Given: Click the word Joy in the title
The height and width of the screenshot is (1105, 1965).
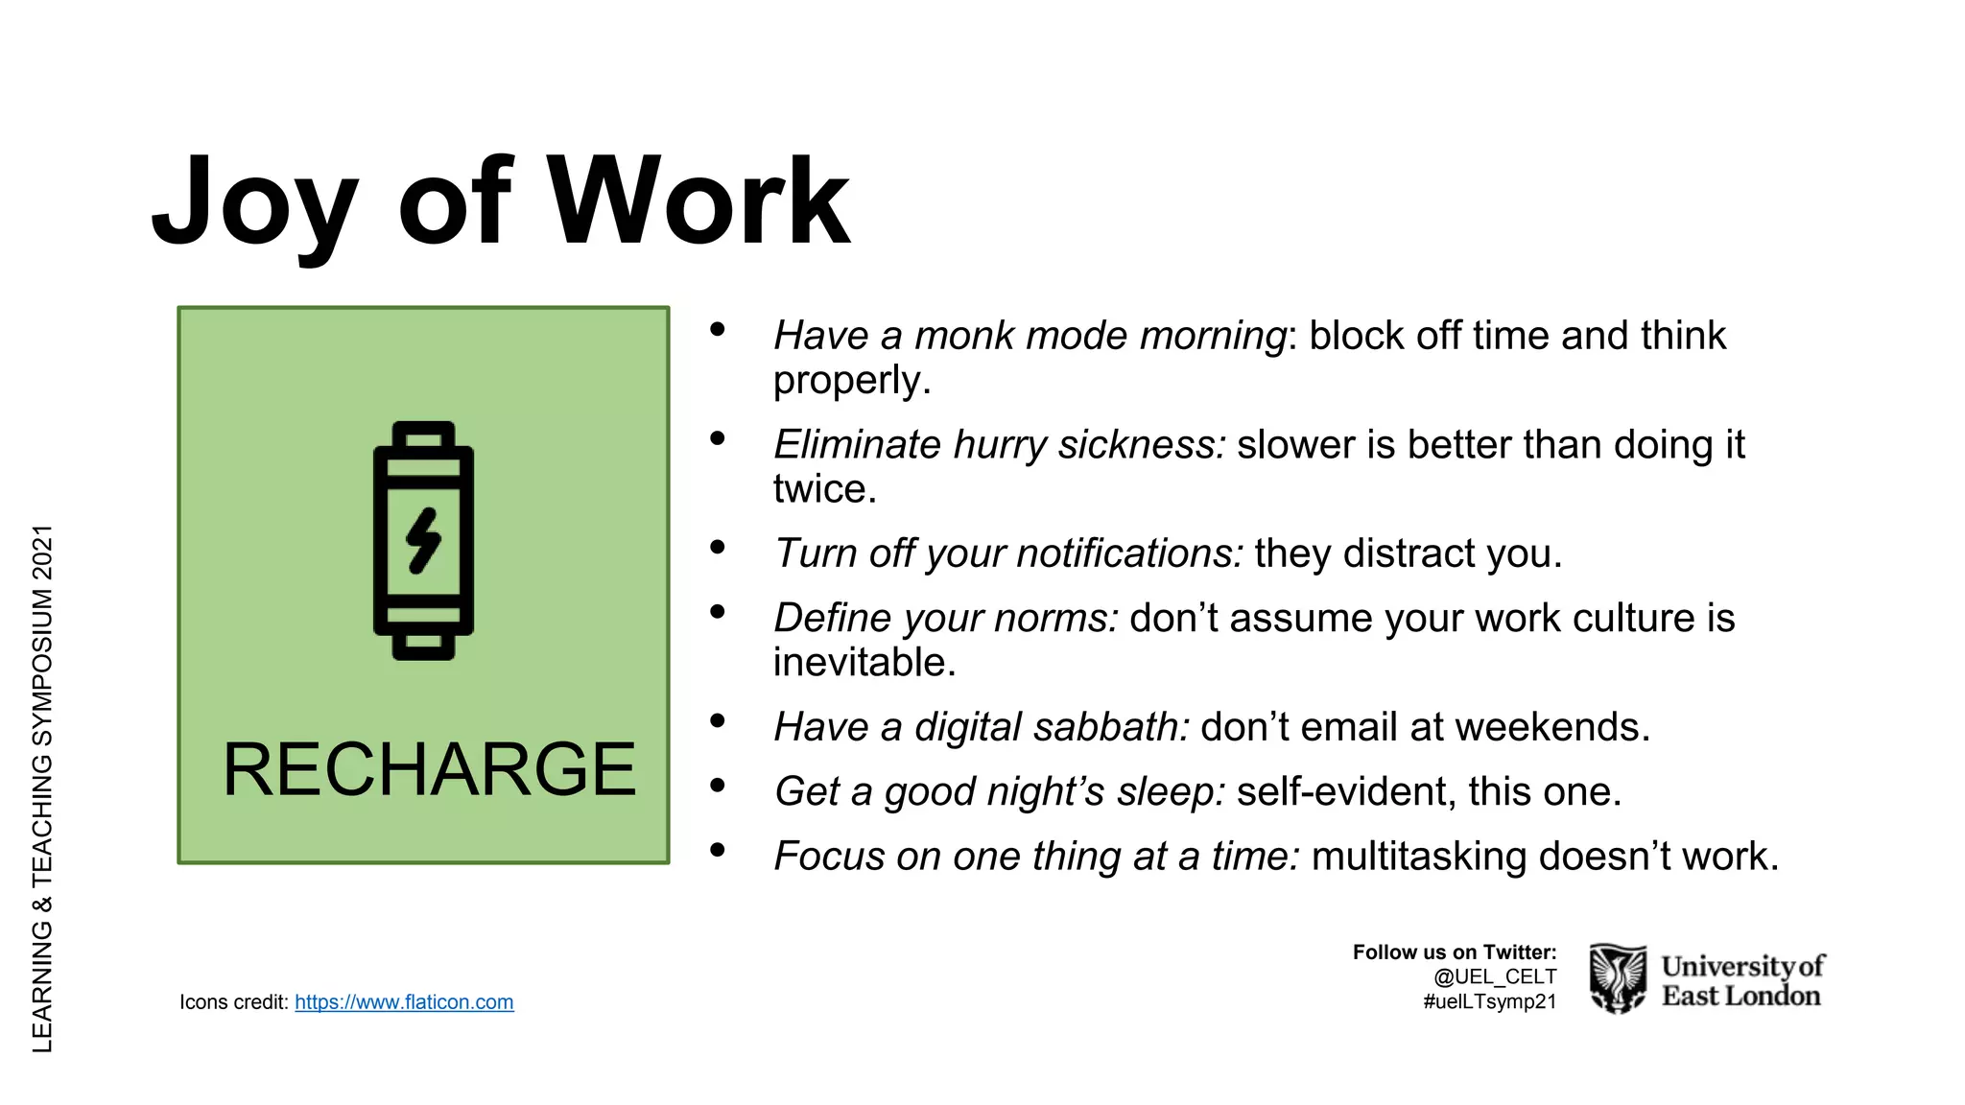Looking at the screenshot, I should click(x=254, y=203).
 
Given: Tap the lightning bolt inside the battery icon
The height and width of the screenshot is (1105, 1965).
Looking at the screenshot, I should click(x=423, y=541).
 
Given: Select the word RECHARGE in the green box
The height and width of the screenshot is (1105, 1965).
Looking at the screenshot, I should click(x=429, y=769).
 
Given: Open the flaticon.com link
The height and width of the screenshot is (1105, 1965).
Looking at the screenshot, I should click(x=404, y=1002).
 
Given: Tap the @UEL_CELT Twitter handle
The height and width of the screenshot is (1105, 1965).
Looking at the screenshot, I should click(x=1494, y=976).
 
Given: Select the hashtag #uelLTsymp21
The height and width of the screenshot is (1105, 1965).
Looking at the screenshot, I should click(x=1489, y=1002).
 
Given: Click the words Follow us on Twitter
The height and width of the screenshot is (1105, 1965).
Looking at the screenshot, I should click(x=1454, y=952).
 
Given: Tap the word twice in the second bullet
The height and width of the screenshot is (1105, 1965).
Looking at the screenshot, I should click(x=824, y=489).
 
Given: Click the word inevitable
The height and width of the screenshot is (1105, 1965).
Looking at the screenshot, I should click(x=864, y=663).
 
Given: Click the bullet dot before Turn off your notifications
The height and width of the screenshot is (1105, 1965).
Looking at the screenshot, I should click(x=717, y=548).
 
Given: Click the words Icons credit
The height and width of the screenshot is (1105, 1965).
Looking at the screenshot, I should click(x=233, y=1002).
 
